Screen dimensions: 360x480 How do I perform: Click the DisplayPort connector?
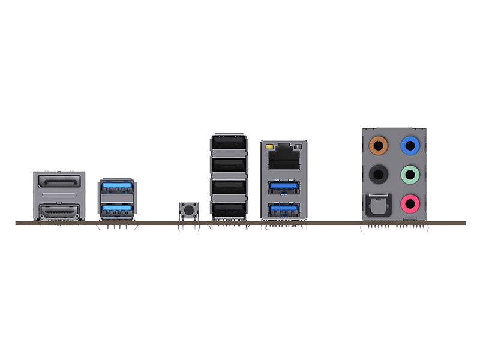(x=58, y=182)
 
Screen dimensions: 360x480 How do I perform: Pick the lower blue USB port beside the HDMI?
(x=116, y=209)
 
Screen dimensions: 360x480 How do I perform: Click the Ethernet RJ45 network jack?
(x=284, y=159)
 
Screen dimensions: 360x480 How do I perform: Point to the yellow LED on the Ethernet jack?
(x=272, y=146)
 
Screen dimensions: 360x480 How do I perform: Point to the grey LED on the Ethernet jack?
(x=297, y=146)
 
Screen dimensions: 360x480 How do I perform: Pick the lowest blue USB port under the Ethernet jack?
(x=284, y=210)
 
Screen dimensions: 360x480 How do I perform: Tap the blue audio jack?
(x=410, y=145)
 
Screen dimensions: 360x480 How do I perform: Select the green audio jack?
(x=410, y=175)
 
